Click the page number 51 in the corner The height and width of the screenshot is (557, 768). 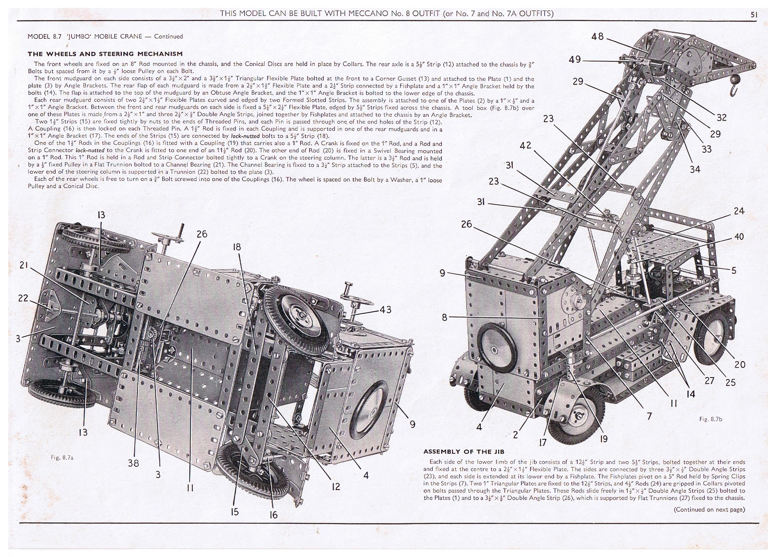point(754,15)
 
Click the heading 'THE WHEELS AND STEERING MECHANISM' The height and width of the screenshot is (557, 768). point(105,54)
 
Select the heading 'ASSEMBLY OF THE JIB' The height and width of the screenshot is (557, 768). point(464,451)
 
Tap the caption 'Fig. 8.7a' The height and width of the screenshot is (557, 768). point(62,458)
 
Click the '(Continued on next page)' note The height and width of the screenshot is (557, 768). point(709,509)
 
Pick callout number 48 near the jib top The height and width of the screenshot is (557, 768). point(597,36)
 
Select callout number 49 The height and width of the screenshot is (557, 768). point(575,59)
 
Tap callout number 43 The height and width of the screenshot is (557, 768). point(386,310)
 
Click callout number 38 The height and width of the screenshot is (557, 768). point(133,463)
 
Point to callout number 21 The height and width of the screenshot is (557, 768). point(24,265)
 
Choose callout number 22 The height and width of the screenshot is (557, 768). point(23,298)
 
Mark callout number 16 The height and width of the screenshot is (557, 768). point(274,515)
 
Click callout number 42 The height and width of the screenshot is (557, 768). point(526,145)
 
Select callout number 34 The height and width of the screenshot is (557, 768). point(695,170)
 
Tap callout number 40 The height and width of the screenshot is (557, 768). point(739,237)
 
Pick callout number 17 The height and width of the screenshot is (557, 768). point(543,442)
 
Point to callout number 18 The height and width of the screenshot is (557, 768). point(237,247)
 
